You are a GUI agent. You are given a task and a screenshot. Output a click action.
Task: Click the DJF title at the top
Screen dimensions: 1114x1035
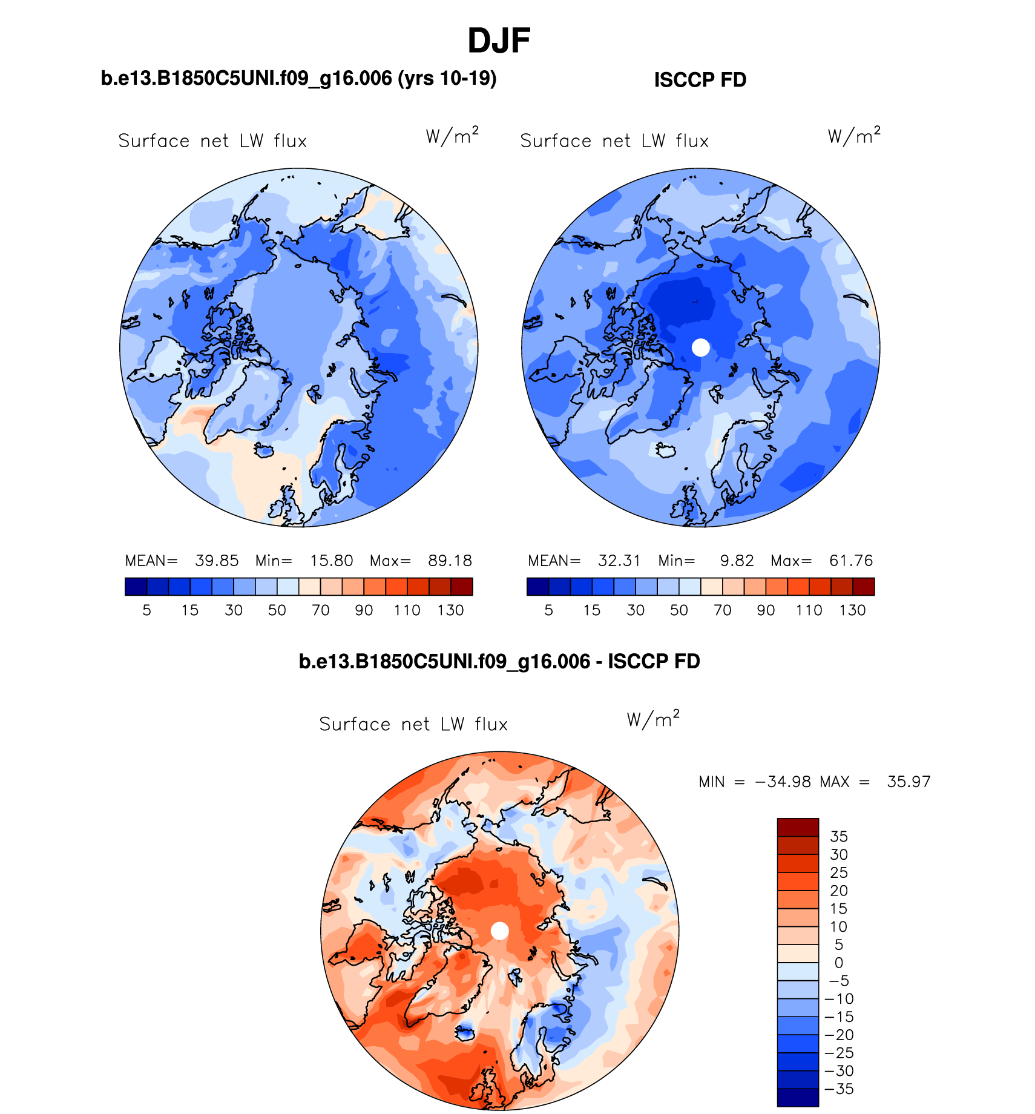(499, 41)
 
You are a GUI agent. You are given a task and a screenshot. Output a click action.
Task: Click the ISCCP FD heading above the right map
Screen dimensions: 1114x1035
(700, 80)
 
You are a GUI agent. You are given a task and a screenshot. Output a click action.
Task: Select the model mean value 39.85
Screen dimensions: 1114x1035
(217, 561)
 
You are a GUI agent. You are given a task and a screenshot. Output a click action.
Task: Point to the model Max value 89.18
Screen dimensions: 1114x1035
(450, 561)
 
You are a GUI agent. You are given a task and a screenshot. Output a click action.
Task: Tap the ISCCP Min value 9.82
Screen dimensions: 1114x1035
(737, 561)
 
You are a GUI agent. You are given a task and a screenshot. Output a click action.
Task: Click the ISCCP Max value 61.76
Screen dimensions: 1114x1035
(851, 561)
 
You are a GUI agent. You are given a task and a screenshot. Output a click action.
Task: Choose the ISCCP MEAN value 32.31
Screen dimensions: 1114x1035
(619, 561)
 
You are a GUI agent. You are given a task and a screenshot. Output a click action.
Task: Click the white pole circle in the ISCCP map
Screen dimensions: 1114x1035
(700, 348)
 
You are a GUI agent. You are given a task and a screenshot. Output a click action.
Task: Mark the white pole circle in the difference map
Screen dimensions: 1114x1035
(499, 931)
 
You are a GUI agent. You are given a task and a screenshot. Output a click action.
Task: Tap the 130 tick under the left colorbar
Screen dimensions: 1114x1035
(450, 610)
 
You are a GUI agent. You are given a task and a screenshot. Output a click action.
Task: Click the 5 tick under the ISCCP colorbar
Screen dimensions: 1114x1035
(549, 610)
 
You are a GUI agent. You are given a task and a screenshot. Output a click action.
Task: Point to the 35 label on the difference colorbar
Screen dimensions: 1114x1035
(839, 837)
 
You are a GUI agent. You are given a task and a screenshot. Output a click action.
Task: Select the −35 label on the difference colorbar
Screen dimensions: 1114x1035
(839, 1089)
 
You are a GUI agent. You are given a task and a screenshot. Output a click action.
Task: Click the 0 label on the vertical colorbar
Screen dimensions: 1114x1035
(839, 963)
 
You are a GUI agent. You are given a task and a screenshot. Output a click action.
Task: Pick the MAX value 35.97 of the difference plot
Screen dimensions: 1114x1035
(908, 782)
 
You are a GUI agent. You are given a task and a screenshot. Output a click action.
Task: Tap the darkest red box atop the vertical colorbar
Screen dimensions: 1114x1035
(798, 828)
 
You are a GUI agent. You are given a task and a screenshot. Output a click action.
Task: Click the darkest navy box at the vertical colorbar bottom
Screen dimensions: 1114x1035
(798, 1097)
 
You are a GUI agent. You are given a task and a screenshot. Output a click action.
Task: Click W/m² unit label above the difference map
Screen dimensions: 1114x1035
(653, 719)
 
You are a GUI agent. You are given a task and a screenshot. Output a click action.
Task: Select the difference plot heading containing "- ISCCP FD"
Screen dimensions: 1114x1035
(499, 661)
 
